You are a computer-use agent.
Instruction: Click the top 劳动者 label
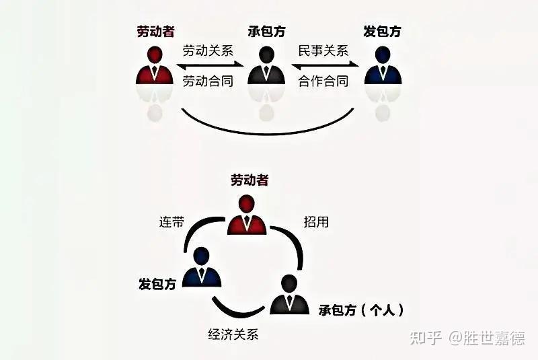click(155, 31)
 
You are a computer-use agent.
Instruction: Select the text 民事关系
click(324, 50)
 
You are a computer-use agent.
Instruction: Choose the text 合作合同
click(324, 81)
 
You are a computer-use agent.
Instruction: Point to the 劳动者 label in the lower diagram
click(249, 180)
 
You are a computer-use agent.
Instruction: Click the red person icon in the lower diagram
click(247, 215)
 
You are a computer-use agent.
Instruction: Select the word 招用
click(316, 222)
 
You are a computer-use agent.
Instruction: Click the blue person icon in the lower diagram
click(203, 267)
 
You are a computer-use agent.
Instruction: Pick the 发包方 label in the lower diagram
click(157, 284)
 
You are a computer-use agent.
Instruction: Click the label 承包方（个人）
click(361, 310)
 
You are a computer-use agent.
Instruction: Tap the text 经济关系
click(233, 333)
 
